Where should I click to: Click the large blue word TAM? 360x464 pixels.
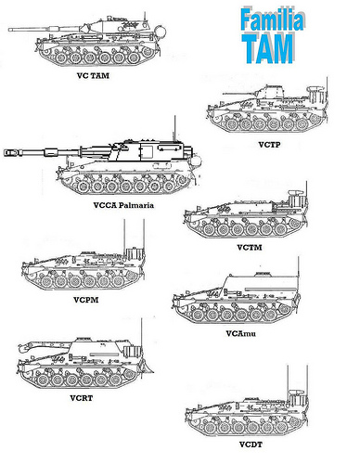pyautogui.click(x=271, y=46)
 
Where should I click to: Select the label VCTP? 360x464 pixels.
pyautogui.click(x=269, y=146)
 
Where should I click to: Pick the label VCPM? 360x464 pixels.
pyautogui.click(x=84, y=301)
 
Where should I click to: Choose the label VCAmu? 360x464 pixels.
pyautogui.click(x=240, y=332)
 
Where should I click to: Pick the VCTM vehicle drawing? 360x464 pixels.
pyautogui.click(x=251, y=221)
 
